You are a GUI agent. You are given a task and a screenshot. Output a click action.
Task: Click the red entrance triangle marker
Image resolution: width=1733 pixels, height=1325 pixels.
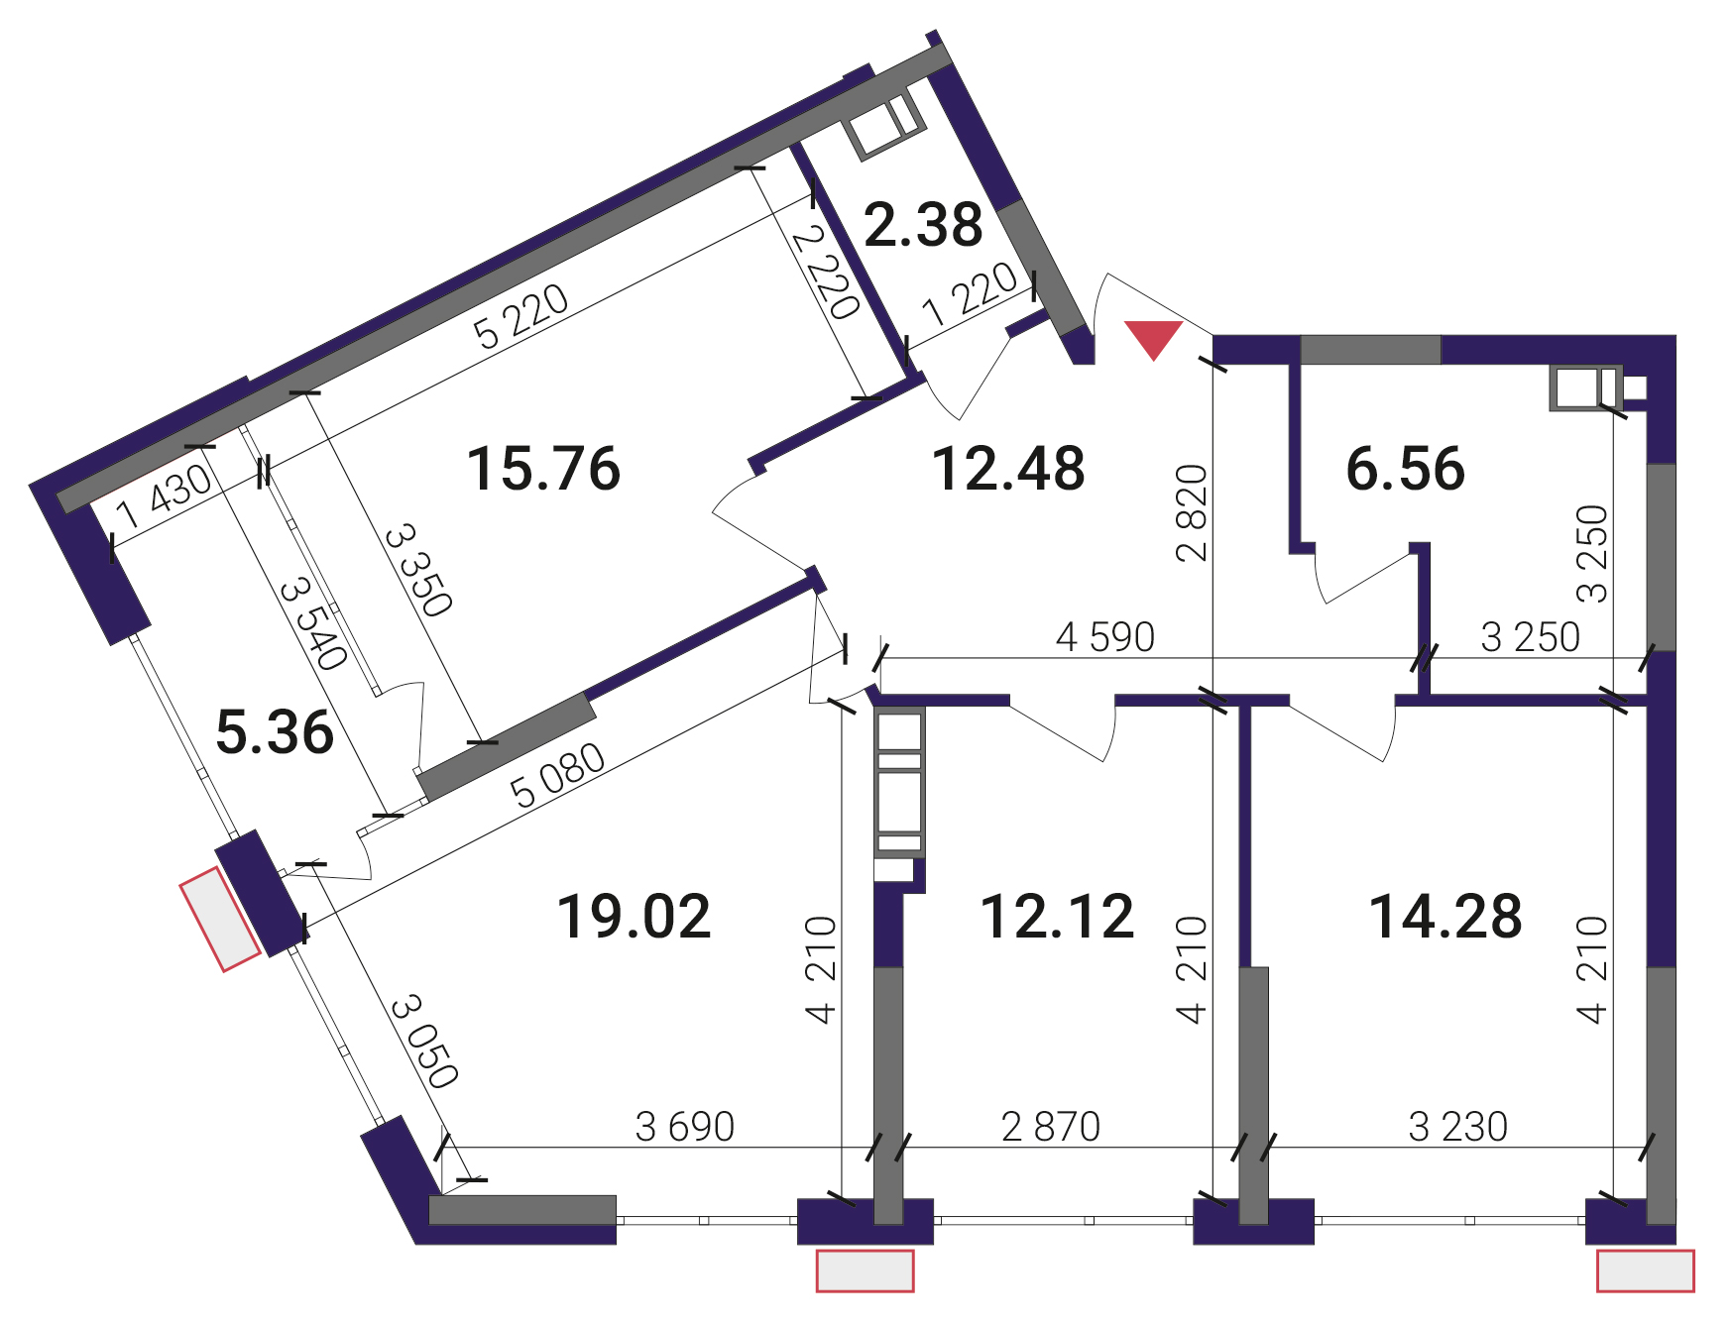pos(1154,337)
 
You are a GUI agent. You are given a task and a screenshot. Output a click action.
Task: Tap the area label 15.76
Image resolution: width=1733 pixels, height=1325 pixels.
pos(543,469)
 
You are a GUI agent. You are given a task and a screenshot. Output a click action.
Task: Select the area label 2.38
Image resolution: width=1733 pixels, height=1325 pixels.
pos(923,224)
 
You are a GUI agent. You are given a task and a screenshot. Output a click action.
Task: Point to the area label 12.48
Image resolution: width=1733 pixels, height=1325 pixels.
pos(1008,469)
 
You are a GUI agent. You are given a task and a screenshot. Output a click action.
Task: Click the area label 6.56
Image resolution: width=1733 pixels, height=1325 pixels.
pos(1405,469)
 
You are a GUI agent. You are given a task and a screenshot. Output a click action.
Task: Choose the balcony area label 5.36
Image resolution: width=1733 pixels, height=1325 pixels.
pos(275,732)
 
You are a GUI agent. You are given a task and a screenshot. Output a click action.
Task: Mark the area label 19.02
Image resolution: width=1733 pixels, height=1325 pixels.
pos(635,916)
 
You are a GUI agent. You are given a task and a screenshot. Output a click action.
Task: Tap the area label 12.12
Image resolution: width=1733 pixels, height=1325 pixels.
pos(1057,916)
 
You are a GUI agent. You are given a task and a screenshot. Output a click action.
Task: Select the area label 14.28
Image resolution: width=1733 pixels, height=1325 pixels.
pos(1445,916)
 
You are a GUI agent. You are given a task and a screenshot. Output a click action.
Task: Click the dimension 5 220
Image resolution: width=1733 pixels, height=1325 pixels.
pos(521,316)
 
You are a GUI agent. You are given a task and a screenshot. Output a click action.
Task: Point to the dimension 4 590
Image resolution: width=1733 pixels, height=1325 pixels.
pos(1105,637)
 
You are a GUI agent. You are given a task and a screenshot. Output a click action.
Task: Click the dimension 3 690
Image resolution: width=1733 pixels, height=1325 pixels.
pos(685,1127)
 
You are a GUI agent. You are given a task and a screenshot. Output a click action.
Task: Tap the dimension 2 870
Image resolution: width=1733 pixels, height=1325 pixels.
pos(1051,1127)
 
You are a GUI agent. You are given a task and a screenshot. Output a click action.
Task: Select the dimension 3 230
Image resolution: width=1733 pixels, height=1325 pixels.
pos(1458,1127)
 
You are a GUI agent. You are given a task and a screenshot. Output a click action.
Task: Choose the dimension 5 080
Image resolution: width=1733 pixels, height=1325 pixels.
pos(557,775)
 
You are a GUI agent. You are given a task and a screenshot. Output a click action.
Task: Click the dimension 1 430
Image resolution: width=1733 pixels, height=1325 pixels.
pos(165,497)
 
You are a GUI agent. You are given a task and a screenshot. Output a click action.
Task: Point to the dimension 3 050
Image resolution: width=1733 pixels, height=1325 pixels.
pos(425,1043)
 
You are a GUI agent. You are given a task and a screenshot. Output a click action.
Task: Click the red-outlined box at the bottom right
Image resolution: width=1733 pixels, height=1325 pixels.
pos(1646,1271)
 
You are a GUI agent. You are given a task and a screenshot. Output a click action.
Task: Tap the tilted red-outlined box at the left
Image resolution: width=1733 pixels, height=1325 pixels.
pos(220,919)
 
